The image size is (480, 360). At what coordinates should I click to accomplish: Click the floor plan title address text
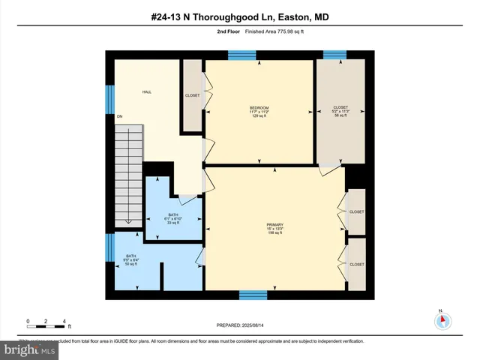240,17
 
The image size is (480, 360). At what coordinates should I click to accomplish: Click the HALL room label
147,91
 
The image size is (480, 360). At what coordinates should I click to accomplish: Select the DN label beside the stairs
119,116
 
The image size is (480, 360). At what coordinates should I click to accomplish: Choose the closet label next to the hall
192,95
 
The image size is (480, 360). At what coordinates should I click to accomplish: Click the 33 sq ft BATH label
173,217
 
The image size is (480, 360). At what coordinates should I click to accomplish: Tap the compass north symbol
443,320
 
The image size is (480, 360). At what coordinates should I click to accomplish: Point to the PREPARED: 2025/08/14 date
240,324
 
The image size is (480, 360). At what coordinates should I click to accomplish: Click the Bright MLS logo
30,349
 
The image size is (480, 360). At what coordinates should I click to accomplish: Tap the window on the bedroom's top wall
242,54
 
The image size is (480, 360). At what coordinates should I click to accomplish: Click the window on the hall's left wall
109,98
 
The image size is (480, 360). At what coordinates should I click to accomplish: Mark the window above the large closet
334,54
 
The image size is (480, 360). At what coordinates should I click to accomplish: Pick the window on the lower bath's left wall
109,247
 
